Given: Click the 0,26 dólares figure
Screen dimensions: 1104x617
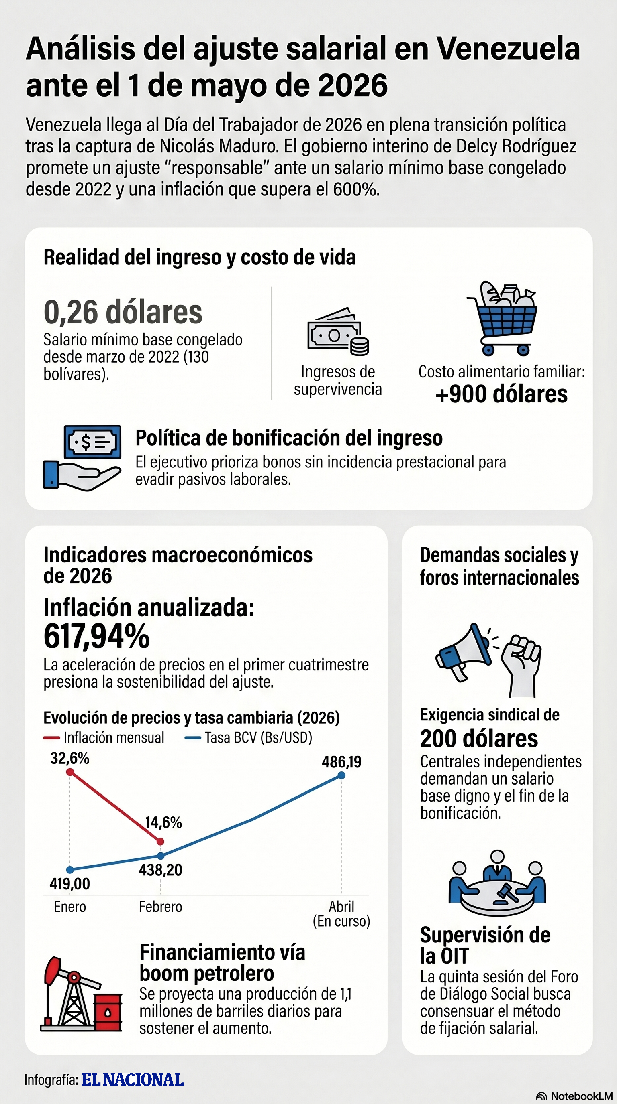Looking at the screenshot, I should click(x=123, y=312).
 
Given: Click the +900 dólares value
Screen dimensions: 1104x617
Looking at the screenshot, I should click(x=501, y=394).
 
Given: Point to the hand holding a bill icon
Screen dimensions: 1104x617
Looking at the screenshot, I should click(x=82, y=457).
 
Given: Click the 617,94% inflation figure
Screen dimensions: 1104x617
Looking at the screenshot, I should click(x=96, y=636).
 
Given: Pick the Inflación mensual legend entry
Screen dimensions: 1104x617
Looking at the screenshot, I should click(x=104, y=738).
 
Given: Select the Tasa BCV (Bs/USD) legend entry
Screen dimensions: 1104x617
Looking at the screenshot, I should click(x=249, y=738).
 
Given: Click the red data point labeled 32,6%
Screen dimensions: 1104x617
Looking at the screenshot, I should click(x=70, y=772).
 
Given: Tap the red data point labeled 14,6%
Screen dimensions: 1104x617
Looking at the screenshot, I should click(x=160, y=842).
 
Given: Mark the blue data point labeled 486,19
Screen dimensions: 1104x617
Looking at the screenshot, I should click(x=341, y=775).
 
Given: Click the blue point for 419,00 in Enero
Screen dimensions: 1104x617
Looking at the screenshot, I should click(x=70, y=870).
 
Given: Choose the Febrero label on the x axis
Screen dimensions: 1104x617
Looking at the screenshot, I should click(x=160, y=907).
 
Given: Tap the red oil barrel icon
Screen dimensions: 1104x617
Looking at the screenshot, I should click(x=108, y=1012).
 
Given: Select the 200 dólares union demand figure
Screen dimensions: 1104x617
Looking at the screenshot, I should click(x=479, y=739).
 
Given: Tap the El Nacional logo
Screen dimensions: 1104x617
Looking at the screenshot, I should click(x=133, y=1080).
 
